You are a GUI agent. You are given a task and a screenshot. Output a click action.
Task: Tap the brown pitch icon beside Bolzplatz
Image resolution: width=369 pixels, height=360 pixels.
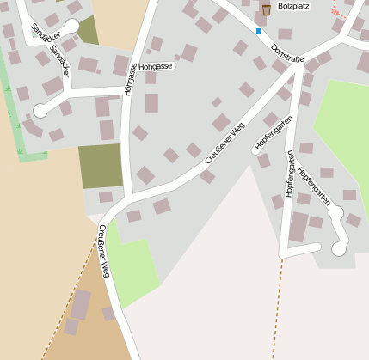point(266,9)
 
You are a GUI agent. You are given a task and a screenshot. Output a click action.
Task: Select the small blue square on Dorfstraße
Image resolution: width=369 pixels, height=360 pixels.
point(259,31)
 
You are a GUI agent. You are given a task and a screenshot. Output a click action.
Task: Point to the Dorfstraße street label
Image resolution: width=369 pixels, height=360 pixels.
point(287,54)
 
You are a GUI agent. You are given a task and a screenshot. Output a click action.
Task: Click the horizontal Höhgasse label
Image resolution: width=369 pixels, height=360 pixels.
point(156,66)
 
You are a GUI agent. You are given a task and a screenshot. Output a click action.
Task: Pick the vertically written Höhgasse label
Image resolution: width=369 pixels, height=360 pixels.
point(129,77)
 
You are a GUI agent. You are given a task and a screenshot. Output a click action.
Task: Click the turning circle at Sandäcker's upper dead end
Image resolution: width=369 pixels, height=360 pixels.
point(72,26)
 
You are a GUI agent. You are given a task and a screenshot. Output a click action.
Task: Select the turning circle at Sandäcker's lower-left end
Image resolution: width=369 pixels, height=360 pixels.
point(40,110)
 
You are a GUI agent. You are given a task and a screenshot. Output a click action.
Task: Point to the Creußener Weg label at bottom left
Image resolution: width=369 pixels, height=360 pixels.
point(104,251)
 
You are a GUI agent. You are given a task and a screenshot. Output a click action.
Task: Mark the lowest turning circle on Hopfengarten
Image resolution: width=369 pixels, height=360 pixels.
point(338,249)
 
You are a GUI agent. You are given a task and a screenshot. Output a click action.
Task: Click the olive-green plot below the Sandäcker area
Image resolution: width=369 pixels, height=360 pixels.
point(101,165)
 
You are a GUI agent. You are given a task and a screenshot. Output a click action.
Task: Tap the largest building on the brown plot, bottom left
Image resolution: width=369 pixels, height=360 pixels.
point(80,304)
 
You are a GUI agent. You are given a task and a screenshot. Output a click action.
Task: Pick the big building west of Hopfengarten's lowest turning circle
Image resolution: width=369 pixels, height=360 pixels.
point(299,228)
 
